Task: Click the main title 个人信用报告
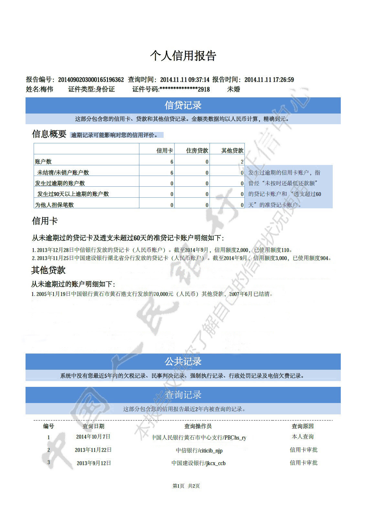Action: (x=183, y=56)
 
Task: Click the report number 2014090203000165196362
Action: (x=91, y=80)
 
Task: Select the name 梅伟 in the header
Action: (x=47, y=89)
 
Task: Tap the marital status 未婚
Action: (x=233, y=89)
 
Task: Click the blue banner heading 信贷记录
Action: (x=183, y=105)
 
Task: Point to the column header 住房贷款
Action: (x=197, y=150)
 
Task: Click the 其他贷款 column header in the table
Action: (x=232, y=150)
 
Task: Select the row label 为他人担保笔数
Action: (x=54, y=205)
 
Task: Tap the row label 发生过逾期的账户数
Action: (x=60, y=183)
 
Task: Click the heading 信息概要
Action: (x=49, y=134)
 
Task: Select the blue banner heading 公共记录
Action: (x=183, y=361)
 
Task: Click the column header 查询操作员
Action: (x=198, y=426)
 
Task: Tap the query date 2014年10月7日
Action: (x=93, y=437)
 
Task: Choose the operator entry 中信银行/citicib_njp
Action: (x=199, y=450)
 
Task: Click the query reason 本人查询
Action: (x=303, y=437)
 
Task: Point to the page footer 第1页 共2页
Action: (x=186, y=486)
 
